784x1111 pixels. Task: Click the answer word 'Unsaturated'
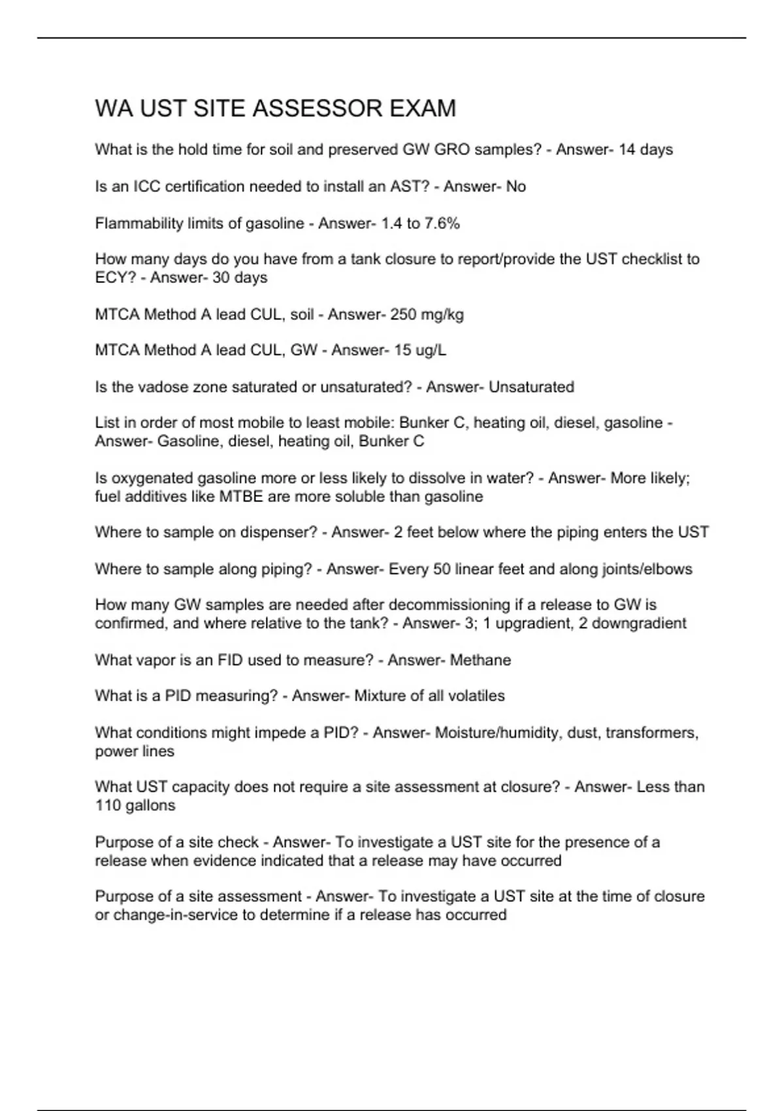point(531,387)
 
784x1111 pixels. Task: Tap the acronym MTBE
point(241,497)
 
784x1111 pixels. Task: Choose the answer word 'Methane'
point(480,660)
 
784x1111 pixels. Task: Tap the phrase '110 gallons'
point(135,806)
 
